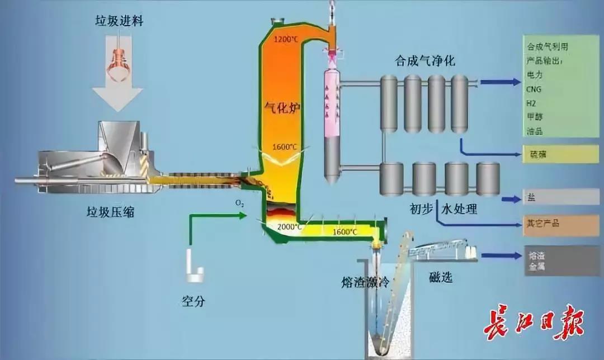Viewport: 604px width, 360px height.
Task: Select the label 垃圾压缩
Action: point(110,212)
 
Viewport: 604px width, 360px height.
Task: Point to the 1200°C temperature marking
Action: point(286,40)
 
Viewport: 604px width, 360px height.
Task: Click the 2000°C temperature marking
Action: point(290,227)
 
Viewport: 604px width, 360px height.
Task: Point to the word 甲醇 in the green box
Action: point(535,117)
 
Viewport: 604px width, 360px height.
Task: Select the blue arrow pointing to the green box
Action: point(500,82)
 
